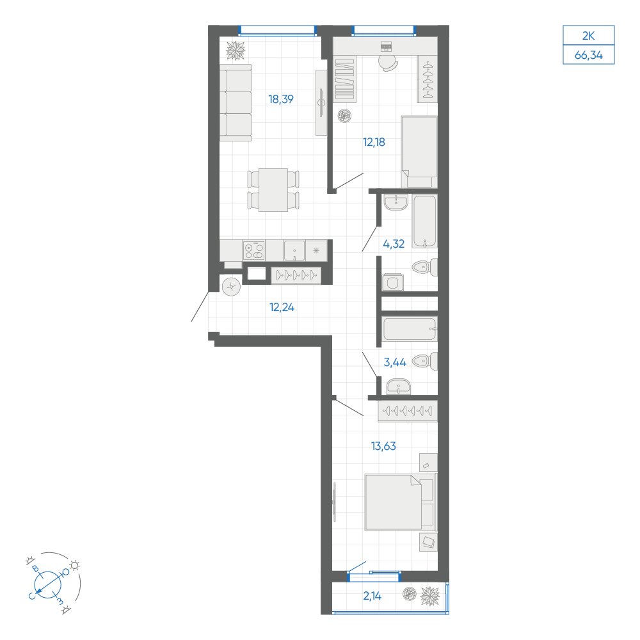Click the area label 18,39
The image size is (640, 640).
coord(281,99)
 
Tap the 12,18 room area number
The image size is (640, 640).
coord(374,143)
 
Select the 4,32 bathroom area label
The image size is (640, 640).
coord(394,244)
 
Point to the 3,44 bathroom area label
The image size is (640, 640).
coord(395,362)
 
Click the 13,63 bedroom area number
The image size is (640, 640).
coord(383,446)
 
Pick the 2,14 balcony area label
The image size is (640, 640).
coord(372,596)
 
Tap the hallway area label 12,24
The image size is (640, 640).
coord(282,307)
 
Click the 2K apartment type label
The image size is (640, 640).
coord(588,36)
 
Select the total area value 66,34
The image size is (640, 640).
coord(588,55)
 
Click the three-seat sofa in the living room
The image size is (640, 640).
coord(236,102)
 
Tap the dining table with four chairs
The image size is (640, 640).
coord(273,190)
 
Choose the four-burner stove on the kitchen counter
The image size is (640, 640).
coord(254,250)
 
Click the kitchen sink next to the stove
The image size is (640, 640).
coord(294,250)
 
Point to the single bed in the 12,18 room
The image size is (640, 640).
coord(419,152)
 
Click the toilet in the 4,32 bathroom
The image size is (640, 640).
coord(425,268)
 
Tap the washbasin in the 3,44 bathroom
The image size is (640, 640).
coord(398,386)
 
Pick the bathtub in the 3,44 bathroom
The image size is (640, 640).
coord(410,328)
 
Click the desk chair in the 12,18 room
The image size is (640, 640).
coord(388,63)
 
